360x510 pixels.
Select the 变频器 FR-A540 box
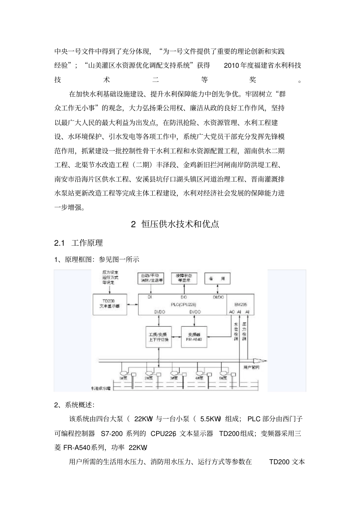(x=195, y=337)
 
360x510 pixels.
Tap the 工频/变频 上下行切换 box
(x=159, y=337)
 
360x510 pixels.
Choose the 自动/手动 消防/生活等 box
(x=152, y=278)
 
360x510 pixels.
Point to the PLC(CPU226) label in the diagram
(x=183, y=304)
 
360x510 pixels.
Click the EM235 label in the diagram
(x=239, y=304)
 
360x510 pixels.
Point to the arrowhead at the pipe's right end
(x=262, y=361)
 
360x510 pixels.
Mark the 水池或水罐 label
(x=100, y=388)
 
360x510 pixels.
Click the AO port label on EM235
(x=232, y=312)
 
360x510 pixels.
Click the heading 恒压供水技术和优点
(x=180, y=224)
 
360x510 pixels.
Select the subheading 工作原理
(x=87, y=243)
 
